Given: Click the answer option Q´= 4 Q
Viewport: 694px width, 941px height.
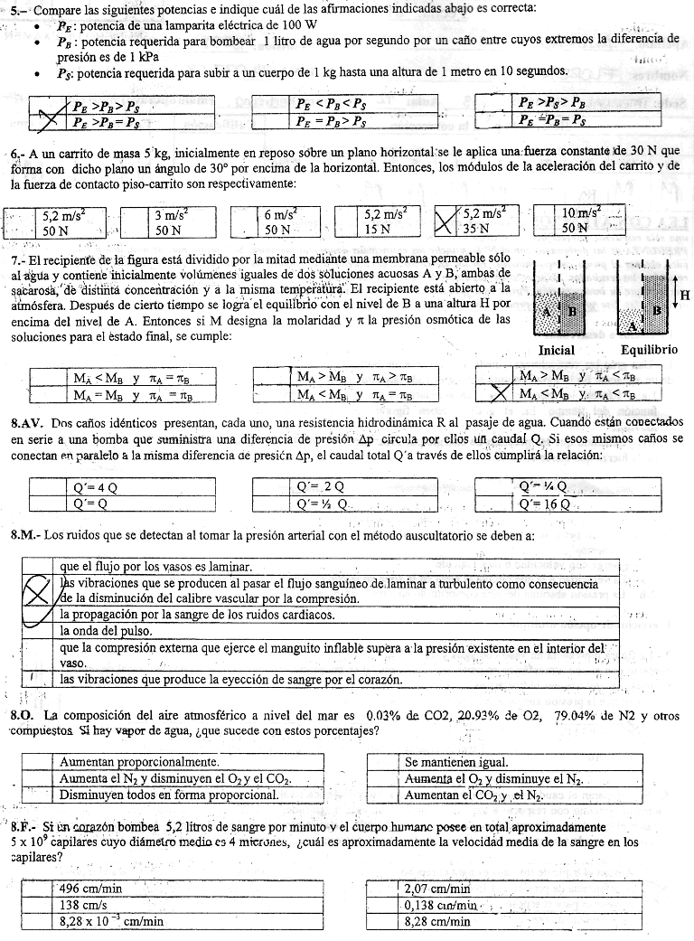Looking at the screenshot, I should coord(95,485).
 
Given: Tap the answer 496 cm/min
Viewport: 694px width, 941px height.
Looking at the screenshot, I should coord(91,888).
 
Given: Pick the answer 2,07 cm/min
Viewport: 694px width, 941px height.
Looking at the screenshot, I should coord(437,888).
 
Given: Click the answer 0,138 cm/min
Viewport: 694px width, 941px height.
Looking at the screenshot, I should coord(441,905).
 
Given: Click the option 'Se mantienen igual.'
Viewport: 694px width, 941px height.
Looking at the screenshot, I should coord(456,762).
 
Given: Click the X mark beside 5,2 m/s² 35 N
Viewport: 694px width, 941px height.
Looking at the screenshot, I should coord(445,221).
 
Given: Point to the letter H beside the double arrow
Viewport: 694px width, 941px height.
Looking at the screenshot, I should coord(684,295).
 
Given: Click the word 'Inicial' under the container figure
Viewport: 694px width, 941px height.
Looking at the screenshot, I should coord(557,350).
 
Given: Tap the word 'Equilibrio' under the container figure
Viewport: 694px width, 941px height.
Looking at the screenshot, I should coord(649,350).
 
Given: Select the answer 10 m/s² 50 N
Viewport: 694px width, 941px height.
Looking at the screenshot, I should coord(580,221).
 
